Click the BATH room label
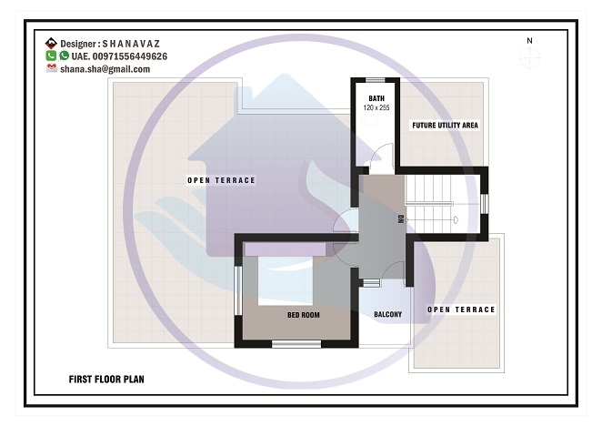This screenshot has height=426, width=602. pyautogui.click(x=376, y=98)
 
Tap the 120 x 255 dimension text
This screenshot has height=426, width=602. pyautogui.click(x=376, y=107)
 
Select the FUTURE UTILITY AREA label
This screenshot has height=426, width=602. pyautogui.click(x=445, y=126)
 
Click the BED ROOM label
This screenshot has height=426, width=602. pyautogui.click(x=304, y=315)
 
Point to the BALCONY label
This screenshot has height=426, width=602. pyautogui.click(x=387, y=315)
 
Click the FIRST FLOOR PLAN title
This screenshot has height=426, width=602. pyautogui.click(x=106, y=380)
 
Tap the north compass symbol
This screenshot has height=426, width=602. pyautogui.click(x=530, y=58)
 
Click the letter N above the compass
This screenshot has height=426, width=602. pyautogui.click(x=529, y=40)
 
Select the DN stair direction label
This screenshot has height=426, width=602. pyautogui.click(x=401, y=219)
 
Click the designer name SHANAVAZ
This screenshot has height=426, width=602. pyautogui.click(x=131, y=44)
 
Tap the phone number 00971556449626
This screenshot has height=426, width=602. pyautogui.click(x=130, y=56)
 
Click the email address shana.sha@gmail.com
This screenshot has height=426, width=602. pyautogui.click(x=105, y=69)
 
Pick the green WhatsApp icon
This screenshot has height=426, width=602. pyautogui.click(x=65, y=56)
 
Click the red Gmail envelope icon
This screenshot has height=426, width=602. pyautogui.click(x=52, y=68)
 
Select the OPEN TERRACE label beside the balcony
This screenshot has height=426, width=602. pyautogui.click(x=461, y=309)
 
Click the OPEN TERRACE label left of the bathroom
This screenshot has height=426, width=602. pyautogui.click(x=221, y=180)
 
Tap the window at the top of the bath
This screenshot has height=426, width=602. pyautogui.click(x=375, y=80)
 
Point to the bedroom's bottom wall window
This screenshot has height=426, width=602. pyautogui.click(x=296, y=344)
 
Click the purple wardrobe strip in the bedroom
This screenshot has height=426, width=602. pyautogui.click(x=285, y=249)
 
